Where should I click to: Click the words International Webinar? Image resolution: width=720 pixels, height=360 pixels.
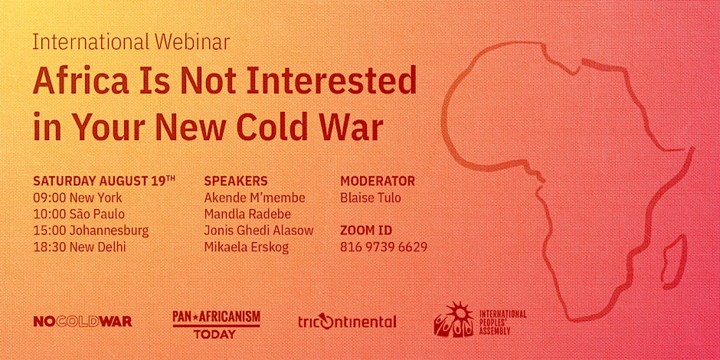(131, 42)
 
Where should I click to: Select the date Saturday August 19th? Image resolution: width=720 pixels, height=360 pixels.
(104, 180)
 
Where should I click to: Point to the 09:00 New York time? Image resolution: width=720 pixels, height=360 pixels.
(77, 198)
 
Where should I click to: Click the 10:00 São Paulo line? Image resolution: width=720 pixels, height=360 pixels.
(79, 214)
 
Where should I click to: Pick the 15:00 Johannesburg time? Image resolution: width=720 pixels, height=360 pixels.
(91, 231)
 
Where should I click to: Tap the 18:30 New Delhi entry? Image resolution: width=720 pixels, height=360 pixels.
(80, 247)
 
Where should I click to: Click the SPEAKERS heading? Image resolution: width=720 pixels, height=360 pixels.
(236, 181)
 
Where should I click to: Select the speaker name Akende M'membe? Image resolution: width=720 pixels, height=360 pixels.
(255, 198)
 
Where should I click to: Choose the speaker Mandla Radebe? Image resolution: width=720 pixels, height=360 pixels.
(247, 214)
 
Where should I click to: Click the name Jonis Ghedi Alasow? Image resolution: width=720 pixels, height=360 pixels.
(259, 231)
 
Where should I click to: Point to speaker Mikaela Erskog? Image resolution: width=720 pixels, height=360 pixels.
(246, 247)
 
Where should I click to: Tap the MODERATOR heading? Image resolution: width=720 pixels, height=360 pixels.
(378, 181)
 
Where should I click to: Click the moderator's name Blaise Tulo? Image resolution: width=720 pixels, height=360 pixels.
(371, 198)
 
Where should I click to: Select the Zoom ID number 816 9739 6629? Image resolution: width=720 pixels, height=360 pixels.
(384, 247)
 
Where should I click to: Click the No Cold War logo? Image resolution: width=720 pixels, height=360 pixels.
(83, 322)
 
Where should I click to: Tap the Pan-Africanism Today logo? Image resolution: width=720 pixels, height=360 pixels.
(216, 324)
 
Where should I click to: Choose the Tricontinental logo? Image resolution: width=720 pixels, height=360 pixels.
(347, 322)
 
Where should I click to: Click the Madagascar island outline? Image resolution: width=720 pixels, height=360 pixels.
(674, 262)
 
